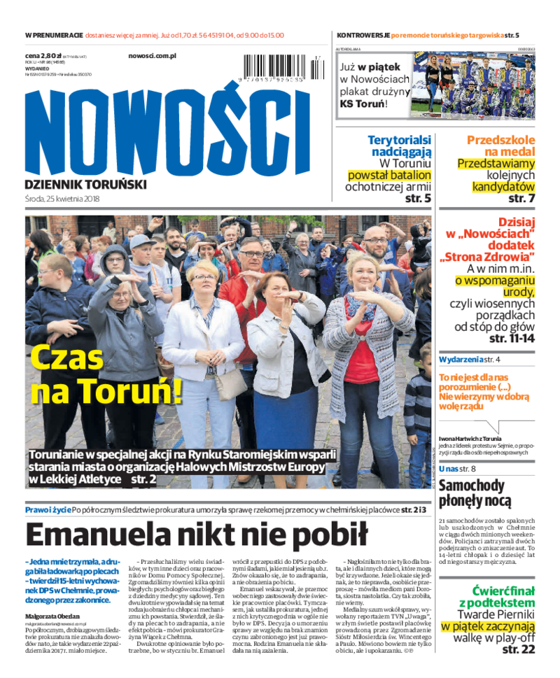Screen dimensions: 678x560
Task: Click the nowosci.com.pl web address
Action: (153, 55)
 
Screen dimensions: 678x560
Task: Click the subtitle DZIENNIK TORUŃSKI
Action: (85, 184)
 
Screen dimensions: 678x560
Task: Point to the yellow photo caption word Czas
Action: (67, 358)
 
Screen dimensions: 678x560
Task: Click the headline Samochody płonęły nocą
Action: (475, 493)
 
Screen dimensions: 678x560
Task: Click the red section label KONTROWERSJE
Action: (363, 35)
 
